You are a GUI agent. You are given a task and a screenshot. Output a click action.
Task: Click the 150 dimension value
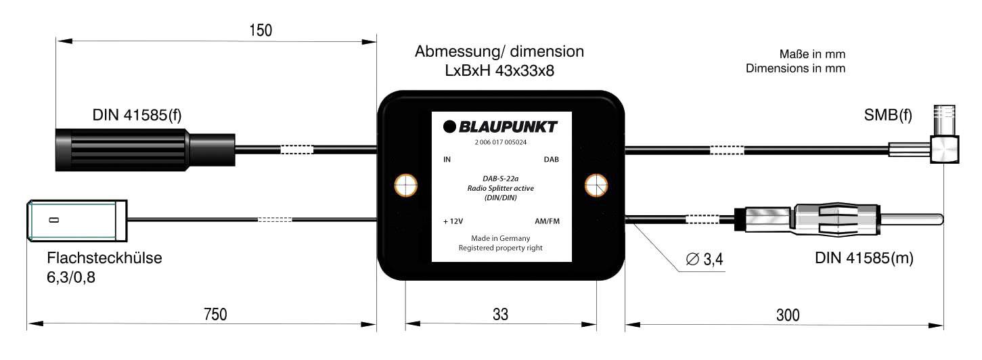260,30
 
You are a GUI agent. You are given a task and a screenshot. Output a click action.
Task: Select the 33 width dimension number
500,314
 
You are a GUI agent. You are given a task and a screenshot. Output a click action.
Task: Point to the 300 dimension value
787,314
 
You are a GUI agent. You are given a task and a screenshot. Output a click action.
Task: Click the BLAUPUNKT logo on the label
501,127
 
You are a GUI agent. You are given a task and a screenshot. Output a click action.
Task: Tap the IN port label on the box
447,160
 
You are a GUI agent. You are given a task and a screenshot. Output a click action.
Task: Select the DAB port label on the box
552,160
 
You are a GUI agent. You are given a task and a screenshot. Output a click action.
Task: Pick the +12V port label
453,221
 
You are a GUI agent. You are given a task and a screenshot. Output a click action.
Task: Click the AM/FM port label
547,221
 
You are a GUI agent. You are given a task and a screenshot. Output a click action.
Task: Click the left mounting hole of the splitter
405,185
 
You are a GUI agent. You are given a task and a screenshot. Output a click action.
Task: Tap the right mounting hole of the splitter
596,185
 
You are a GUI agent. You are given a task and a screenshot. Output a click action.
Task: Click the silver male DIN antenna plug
839,219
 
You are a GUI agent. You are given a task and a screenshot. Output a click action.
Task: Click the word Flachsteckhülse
105,258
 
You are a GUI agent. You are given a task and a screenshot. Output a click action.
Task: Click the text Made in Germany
501,238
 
